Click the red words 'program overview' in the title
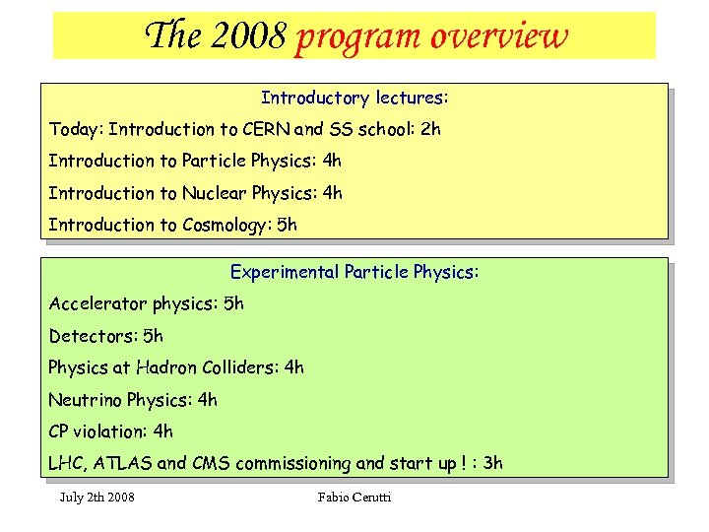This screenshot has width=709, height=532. (431, 36)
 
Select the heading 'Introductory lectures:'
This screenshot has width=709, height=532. (354, 99)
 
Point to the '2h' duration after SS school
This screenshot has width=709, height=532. (430, 129)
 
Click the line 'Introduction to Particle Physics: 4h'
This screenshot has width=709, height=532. (195, 161)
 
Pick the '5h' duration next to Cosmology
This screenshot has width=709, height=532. (287, 225)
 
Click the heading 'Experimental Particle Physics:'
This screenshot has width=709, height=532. (354, 272)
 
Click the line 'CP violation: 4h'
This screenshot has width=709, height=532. (110, 431)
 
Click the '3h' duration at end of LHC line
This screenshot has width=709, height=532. (491, 463)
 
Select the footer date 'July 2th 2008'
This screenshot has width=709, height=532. (97, 497)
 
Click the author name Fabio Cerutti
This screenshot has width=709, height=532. (354, 497)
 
